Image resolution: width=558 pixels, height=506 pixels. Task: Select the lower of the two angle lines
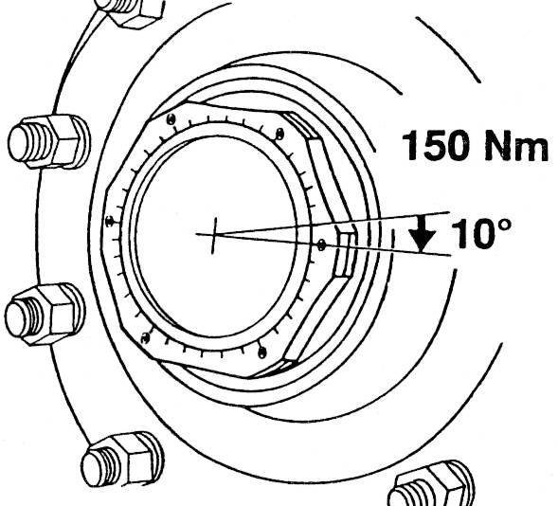pos(379,248)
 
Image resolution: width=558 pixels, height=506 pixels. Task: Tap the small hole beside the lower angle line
pos(323,244)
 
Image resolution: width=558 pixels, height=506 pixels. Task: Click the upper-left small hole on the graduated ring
pos(168,120)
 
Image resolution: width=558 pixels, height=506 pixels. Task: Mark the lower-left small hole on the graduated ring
pos(144,336)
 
